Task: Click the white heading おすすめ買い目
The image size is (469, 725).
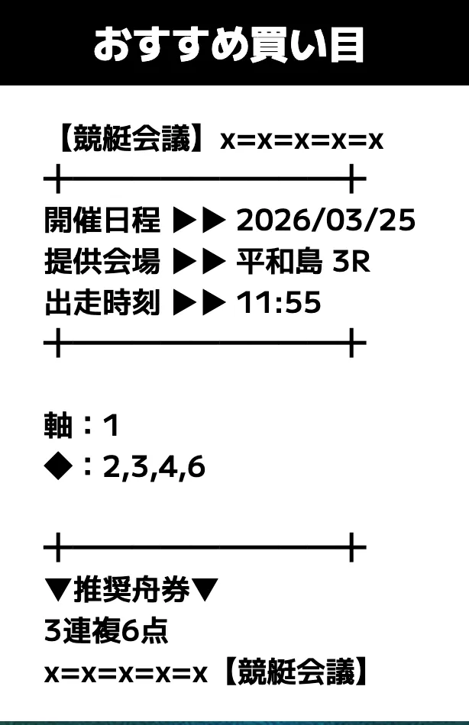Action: tap(228, 45)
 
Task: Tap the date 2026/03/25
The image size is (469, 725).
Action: tap(326, 220)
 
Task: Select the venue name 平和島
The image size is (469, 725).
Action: tap(279, 262)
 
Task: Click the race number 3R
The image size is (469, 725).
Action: tap(351, 262)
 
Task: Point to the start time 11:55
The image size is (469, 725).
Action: tap(279, 303)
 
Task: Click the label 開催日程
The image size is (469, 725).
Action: tap(102, 220)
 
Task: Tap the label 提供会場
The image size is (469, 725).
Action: tap(102, 262)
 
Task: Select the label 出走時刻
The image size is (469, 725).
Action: tap(102, 303)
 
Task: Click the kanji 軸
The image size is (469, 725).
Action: tap(58, 425)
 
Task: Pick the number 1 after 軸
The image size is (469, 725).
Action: tap(111, 426)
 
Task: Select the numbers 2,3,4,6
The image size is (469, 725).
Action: tap(154, 467)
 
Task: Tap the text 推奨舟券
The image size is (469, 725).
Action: tap(131, 590)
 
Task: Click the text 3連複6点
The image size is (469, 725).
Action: tap(106, 630)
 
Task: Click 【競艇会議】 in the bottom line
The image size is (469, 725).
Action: tap(296, 672)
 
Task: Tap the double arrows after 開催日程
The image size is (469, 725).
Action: tap(199, 221)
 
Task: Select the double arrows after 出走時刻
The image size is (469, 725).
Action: tap(199, 303)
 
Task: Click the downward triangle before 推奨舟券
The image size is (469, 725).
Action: tap(59, 591)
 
